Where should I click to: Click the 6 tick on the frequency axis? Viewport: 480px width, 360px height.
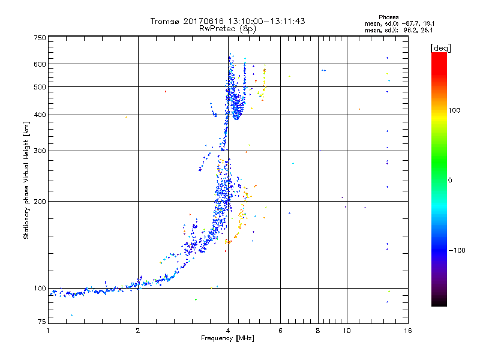281,331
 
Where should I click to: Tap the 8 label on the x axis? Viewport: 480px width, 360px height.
319,331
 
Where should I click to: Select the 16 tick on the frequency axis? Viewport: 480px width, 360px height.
408,331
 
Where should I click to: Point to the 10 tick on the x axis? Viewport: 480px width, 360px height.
346,331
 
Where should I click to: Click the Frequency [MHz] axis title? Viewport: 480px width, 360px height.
227,339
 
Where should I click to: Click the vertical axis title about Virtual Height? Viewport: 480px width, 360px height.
26,180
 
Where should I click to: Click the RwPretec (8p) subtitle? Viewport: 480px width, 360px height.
227,28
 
